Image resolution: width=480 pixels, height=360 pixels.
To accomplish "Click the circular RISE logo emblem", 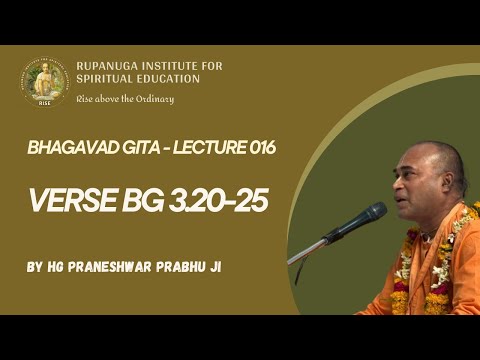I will pyautogui.click(x=44, y=82).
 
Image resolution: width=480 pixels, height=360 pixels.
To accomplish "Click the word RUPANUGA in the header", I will pyautogui.click(x=109, y=67).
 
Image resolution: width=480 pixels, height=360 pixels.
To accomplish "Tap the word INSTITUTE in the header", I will pyautogui.click(x=175, y=67).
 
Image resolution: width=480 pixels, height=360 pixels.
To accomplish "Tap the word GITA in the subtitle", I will pyautogui.click(x=125, y=148).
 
